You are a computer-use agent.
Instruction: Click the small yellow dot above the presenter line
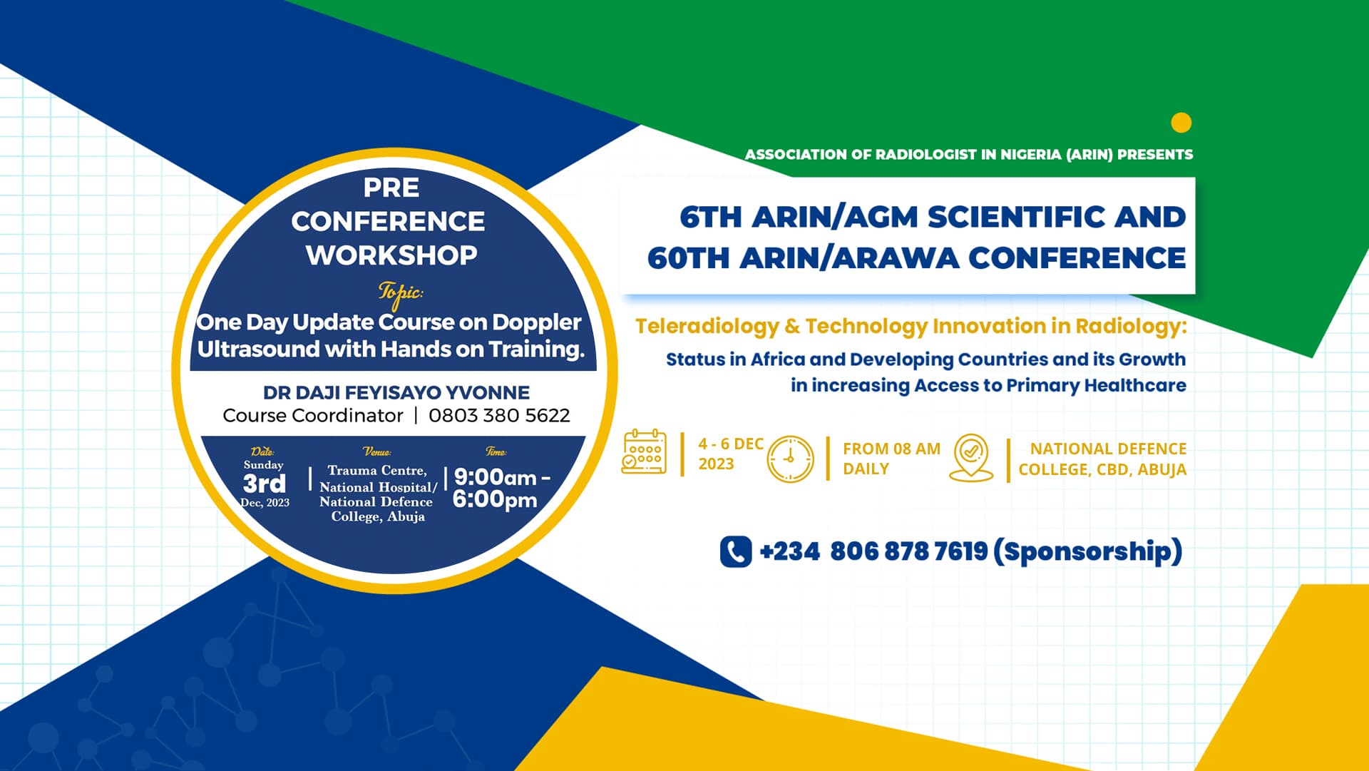1181,123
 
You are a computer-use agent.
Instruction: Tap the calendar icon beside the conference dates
645,451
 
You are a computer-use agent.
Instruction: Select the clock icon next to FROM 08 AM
790,459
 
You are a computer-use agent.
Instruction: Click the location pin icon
971,457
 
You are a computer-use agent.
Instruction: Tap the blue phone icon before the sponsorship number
736,551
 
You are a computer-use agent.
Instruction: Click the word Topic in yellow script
400,292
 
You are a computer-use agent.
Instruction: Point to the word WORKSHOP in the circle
391,255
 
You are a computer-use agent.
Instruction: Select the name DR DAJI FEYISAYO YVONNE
396,392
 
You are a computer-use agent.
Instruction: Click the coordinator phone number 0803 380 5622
499,415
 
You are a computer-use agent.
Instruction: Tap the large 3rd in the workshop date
265,484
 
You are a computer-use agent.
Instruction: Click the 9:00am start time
496,476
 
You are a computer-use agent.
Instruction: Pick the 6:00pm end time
495,499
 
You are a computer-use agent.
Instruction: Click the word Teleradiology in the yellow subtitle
707,326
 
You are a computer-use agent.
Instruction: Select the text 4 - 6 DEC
731,444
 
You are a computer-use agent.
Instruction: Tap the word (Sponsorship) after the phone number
1087,551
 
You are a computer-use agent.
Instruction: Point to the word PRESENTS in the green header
1155,154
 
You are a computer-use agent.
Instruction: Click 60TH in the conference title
688,258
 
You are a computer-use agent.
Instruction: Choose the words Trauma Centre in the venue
377,471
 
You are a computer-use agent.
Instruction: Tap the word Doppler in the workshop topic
537,322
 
